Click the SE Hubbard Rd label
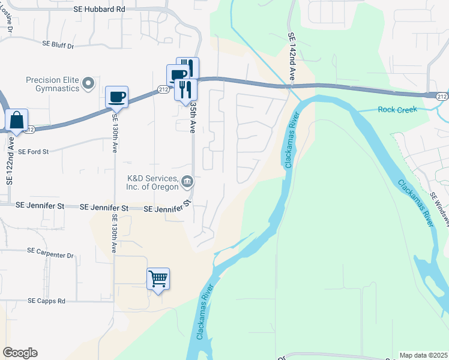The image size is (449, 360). [x=100, y=10]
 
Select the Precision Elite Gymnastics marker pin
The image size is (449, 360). [x=89, y=83]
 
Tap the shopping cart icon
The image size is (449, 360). [x=158, y=278]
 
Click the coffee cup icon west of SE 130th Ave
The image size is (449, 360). [x=116, y=97]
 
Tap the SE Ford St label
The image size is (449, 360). [x=32, y=152]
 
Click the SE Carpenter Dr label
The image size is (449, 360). [x=50, y=254]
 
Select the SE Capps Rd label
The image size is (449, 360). [x=46, y=301]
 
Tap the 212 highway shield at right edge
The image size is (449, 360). [x=441, y=96]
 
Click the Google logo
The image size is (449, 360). [x=20, y=353]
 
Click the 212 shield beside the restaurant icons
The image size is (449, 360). [x=163, y=89]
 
